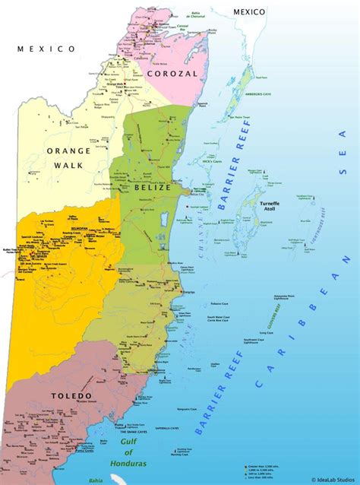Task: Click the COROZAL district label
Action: pos(172,74)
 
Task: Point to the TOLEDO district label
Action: pos(73,395)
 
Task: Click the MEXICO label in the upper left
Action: pos(46,49)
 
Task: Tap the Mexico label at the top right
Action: pos(249,11)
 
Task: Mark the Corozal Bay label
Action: pos(182,27)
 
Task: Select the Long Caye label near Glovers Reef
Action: pos(267,332)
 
